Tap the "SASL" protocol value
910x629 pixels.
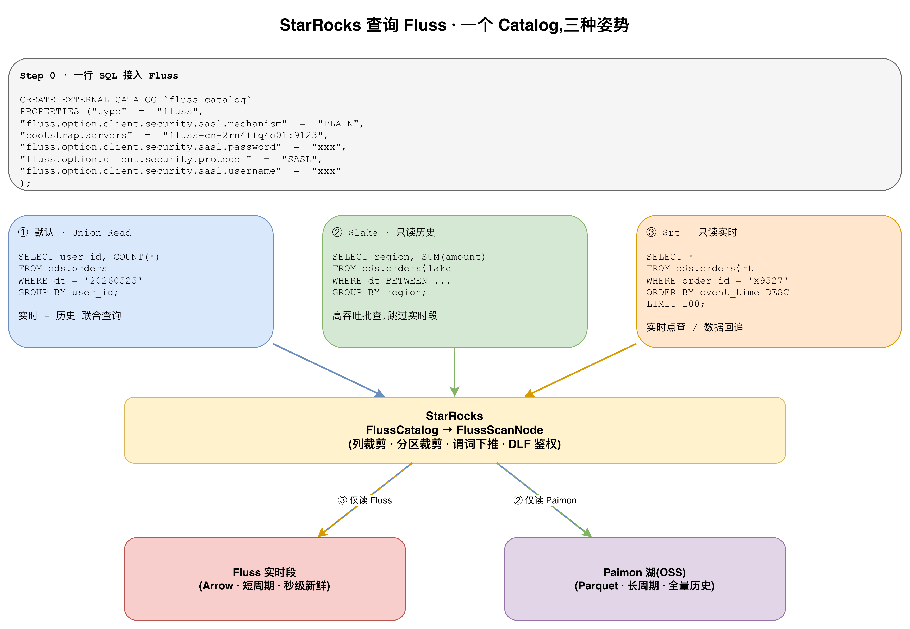300,159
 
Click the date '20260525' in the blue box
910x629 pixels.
113,281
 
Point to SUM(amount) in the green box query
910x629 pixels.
453,257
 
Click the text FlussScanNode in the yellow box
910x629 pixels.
500,430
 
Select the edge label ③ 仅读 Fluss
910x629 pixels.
364,500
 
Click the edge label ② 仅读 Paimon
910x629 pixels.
545,500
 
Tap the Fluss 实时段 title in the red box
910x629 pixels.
264,572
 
